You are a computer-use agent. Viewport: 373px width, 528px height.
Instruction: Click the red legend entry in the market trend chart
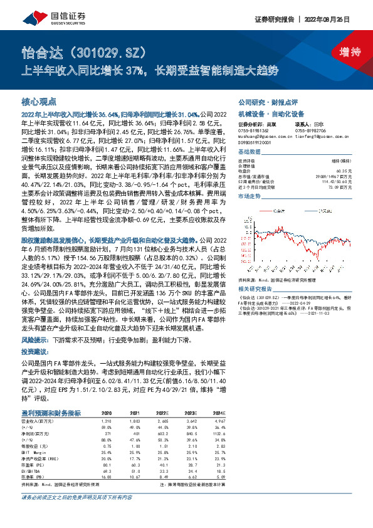(276, 210)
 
